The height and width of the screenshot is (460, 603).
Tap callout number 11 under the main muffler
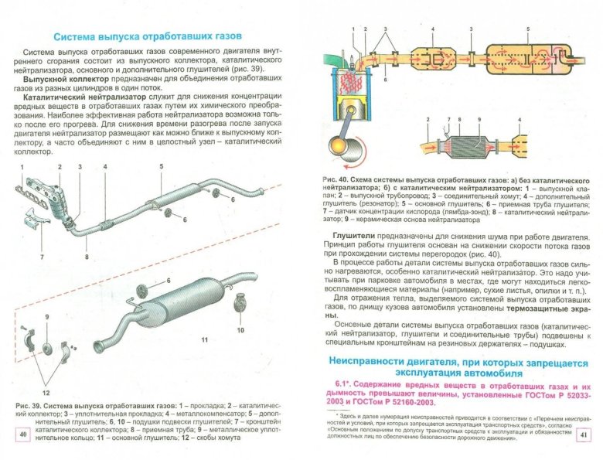click(205, 340)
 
